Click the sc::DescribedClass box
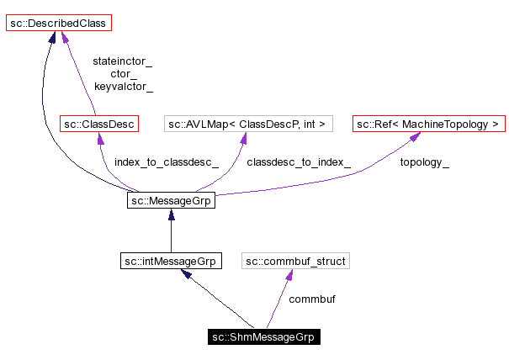(58, 23)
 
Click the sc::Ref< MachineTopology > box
(428, 124)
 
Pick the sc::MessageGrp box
(171, 201)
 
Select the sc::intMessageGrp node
(171, 262)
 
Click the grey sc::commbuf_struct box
(295, 262)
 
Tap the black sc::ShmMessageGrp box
(264, 337)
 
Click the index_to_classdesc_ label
(167, 162)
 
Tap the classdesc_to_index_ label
(299, 162)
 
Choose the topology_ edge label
(424, 162)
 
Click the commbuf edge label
(312, 299)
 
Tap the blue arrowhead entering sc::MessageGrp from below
(171, 215)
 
